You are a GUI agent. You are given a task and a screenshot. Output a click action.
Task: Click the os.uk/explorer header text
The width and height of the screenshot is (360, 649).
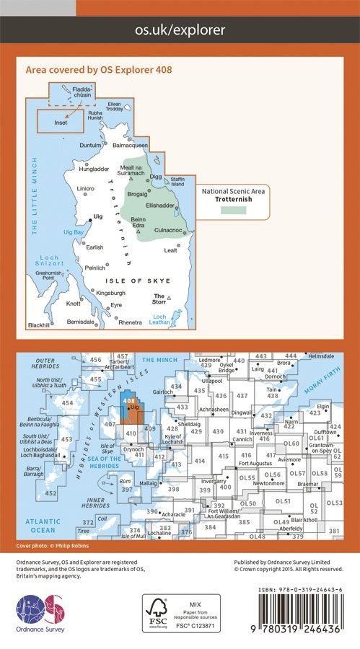click(180, 30)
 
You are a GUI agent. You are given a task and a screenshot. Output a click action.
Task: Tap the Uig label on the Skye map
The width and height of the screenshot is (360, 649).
click(99, 216)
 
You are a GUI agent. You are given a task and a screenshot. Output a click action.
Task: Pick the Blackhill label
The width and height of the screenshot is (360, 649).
click(40, 325)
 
